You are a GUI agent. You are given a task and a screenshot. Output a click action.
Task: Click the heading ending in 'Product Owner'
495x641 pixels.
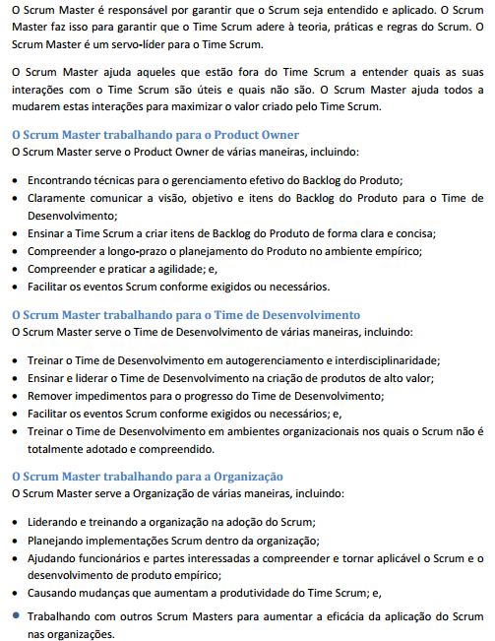point(154,134)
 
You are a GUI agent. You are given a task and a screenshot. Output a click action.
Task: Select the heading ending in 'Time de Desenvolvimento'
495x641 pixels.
point(185,314)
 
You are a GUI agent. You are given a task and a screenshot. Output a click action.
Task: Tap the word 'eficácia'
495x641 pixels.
point(338,616)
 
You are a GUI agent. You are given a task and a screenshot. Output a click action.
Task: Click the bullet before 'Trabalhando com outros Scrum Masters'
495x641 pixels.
point(14,616)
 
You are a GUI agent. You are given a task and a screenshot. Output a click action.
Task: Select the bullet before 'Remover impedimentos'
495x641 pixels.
point(14,396)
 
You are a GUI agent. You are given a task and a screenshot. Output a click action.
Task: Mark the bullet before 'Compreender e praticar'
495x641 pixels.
point(14,269)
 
